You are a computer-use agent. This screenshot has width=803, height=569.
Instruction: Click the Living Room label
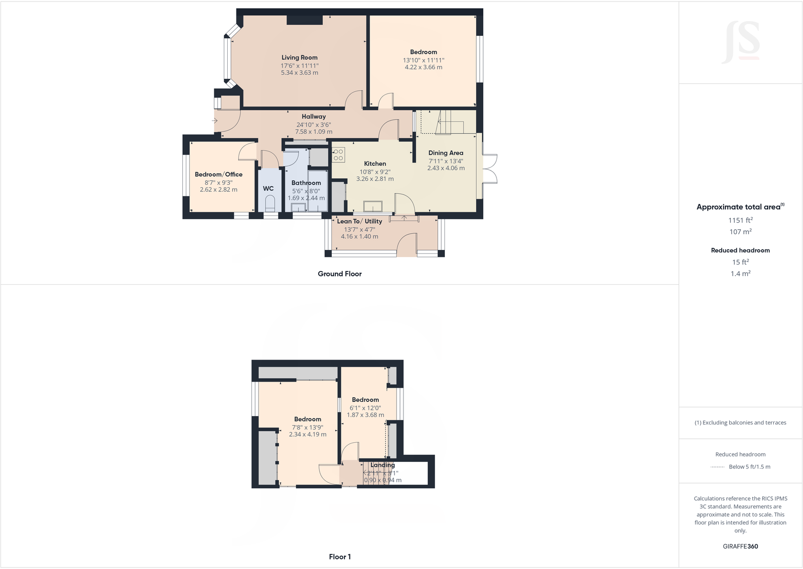click(x=299, y=58)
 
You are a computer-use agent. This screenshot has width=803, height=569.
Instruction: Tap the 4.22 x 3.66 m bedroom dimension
click(x=423, y=67)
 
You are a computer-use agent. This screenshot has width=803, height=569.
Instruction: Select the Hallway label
click(x=314, y=117)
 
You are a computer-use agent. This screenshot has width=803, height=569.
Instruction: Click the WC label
click(x=268, y=188)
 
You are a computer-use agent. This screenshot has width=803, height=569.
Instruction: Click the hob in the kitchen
click(x=338, y=154)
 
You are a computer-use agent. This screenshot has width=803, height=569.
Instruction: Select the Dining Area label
click(x=445, y=153)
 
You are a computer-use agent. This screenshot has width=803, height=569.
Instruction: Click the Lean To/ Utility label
click(x=359, y=221)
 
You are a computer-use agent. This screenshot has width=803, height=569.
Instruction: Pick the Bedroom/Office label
click(x=219, y=175)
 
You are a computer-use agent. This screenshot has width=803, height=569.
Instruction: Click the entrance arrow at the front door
click(x=215, y=121)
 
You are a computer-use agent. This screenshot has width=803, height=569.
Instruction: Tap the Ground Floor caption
click(x=339, y=274)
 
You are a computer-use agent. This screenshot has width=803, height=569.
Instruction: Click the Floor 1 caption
click(x=339, y=556)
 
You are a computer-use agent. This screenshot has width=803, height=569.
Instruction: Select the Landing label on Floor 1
click(x=382, y=465)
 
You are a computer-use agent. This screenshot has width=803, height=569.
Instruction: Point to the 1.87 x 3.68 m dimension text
click(x=365, y=415)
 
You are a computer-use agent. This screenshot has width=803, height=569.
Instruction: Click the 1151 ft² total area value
click(x=740, y=220)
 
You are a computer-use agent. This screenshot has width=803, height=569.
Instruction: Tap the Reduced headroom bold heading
click(x=740, y=250)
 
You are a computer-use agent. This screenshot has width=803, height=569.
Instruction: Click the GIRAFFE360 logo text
click(x=740, y=546)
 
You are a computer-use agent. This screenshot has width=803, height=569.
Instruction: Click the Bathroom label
click(x=306, y=183)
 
